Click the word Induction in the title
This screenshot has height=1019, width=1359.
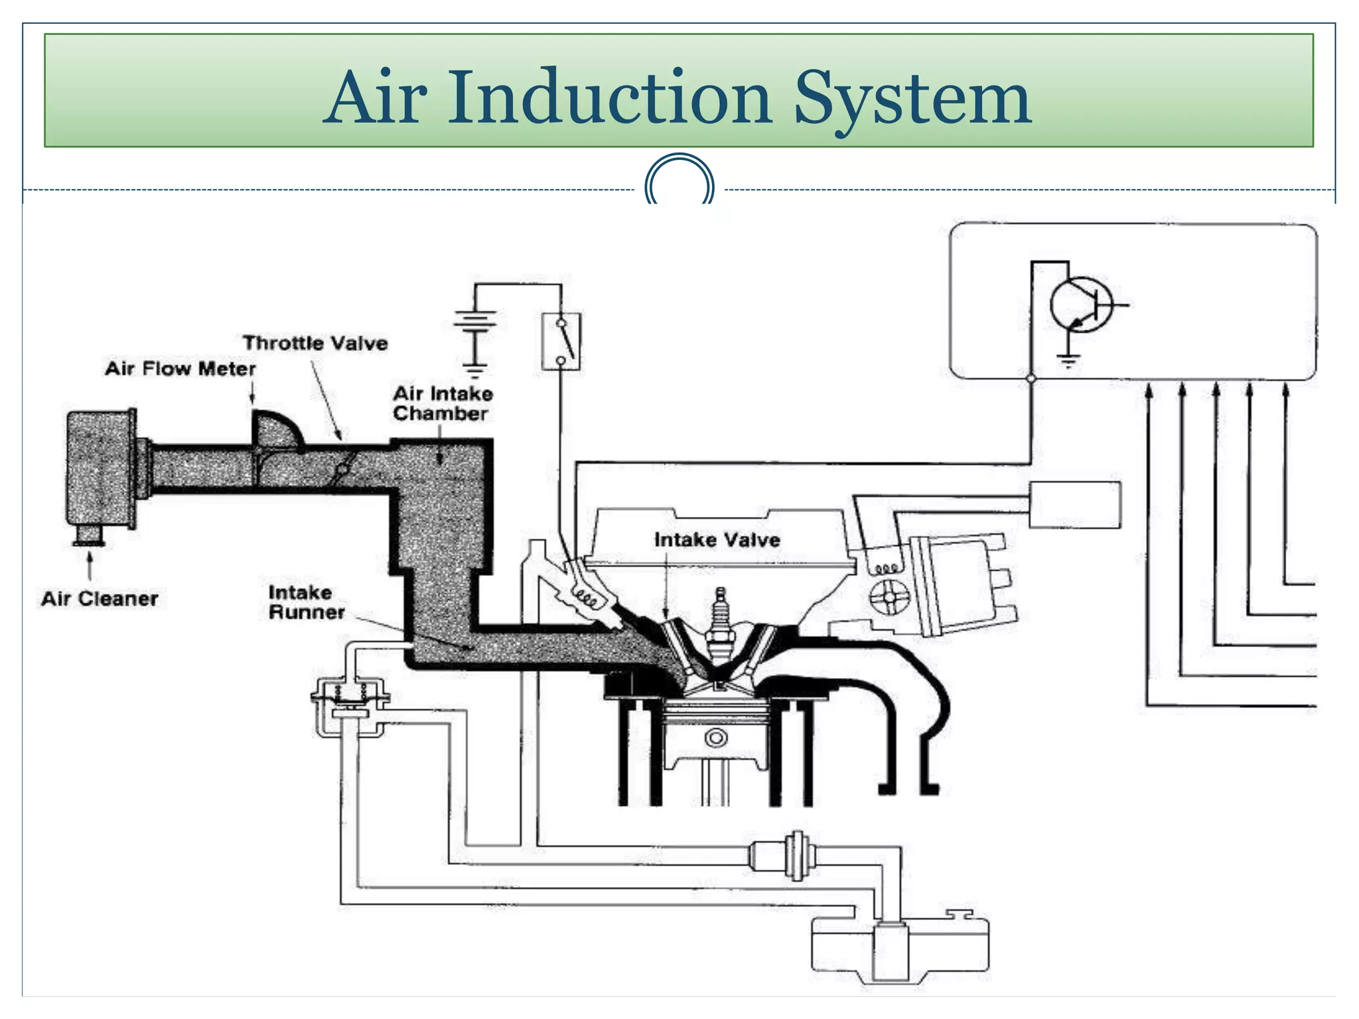(609, 98)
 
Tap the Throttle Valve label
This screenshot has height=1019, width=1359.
(315, 343)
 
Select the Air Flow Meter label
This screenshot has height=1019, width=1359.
(180, 368)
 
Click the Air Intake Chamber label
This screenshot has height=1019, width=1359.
(443, 403)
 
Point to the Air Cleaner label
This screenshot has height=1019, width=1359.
(100, 598)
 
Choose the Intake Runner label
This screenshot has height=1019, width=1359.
(306, 602)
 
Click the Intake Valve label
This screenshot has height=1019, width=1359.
(717, 539)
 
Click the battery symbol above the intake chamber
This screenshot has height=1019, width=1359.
(474, 325)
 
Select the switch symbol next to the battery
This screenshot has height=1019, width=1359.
(561, 341)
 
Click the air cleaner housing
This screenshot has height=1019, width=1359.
(101, 468)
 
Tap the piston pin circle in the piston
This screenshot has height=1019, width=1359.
(715, 737)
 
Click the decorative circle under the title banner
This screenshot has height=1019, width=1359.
(679, 182)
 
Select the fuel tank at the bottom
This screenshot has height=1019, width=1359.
(899, 949)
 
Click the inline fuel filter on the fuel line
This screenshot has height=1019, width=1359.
(793, 856)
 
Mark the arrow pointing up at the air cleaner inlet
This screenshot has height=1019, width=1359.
(90, 567)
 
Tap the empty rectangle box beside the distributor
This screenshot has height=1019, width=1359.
(1074, 505)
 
